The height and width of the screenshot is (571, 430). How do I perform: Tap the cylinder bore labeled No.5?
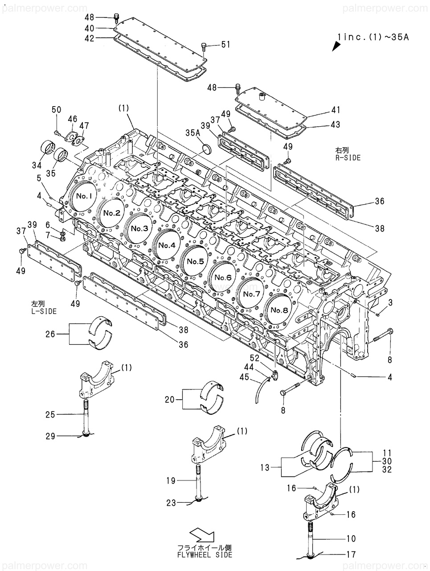click(x=195, y=261)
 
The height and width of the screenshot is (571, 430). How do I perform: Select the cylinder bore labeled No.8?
click(x=279, y=310)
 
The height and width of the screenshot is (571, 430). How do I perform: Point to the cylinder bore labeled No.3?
click(x=139, y=228)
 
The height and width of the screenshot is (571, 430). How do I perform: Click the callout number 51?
click(x=225, y=45)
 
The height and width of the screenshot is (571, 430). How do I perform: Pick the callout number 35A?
click(x=192, y=133)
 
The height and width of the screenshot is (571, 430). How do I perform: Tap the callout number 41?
click(x=336, y=110)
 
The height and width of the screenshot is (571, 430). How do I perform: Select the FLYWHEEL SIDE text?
click(x=205, y=555)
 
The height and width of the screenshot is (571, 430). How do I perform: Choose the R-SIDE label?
click(x=348, y=157)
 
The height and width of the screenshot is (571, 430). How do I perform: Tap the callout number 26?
click(x=50, y=334)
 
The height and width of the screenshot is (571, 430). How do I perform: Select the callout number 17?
click(x=351, y=554)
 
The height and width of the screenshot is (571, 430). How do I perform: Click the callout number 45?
click(x=244, y=377)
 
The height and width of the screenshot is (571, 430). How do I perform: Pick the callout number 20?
click(x=170, y=399)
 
